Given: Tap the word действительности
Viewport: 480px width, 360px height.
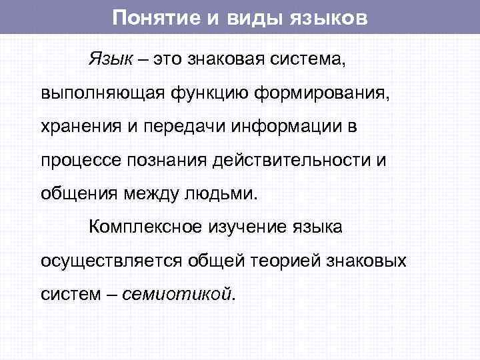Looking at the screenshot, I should pos(296,161).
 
